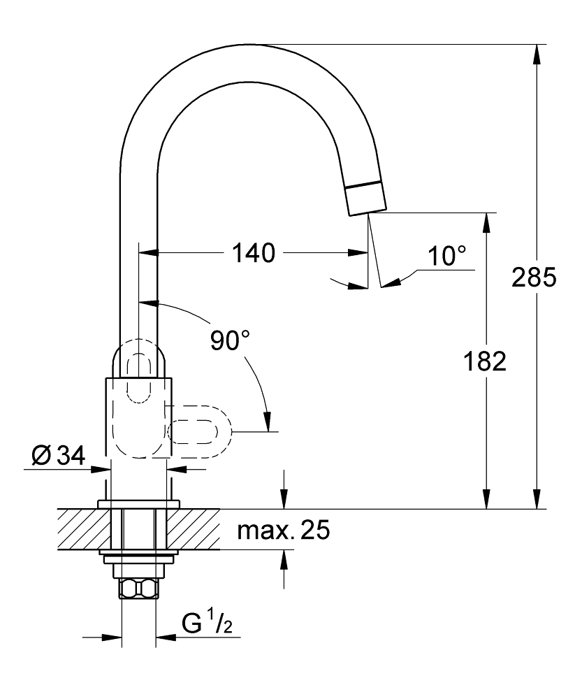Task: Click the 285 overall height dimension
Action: coord(534,277)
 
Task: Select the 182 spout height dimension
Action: coord(485,361)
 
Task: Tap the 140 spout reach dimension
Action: coord(254,253)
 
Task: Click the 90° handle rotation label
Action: coord(229,340)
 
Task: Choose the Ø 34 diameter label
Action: coord(58,455)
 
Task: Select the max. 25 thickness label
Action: coord(284,530)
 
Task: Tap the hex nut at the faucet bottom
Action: coord(138,589)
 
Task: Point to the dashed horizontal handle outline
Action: coord(199,431)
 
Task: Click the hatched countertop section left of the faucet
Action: coord(85,529)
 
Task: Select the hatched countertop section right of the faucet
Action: coord(194,529)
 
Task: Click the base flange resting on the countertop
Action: coord(138,504)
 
